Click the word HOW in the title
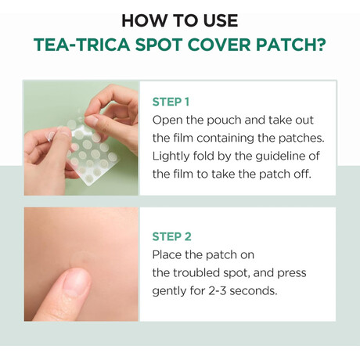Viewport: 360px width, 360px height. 140,21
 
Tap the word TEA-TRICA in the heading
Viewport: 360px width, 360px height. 81,45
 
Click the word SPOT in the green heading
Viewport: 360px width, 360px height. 159,45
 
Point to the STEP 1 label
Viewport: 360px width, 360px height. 171,102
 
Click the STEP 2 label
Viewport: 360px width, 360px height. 172,236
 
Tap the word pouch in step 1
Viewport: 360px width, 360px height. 224,121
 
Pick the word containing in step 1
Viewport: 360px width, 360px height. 225,139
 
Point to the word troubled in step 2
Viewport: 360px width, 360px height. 197,273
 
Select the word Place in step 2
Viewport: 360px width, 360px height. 167,255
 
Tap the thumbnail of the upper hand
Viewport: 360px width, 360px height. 92,121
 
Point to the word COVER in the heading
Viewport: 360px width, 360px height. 219,45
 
